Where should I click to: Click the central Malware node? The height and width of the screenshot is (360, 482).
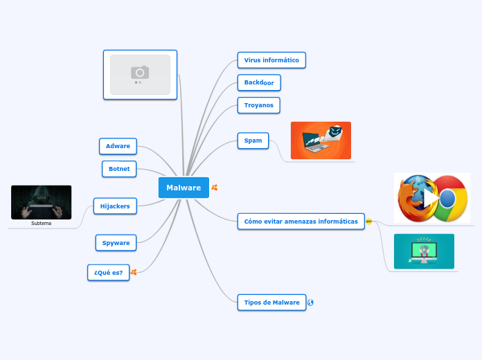click(184, 188)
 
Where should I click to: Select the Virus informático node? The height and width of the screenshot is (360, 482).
click(271, 60)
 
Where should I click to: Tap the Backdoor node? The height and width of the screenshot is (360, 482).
click(259, 82)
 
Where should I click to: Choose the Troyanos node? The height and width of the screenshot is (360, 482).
click(258, 105)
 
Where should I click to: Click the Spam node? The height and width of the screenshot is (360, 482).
click(253, 141)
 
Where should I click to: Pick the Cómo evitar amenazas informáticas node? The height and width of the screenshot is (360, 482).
click(301, 222)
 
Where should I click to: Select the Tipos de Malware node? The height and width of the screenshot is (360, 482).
click(271, 303)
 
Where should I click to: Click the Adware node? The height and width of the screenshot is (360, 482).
click(118, 146)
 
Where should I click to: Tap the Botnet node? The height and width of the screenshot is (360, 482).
click(119, 168)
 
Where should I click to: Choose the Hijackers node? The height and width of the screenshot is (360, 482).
click(115, 206)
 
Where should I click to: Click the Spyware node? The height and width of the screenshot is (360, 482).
click(116, 243)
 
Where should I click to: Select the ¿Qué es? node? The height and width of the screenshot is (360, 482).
click(109, 273)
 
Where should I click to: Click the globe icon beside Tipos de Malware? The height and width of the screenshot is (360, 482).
click(310, 303)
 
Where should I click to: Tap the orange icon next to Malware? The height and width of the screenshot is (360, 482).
click(215, 188)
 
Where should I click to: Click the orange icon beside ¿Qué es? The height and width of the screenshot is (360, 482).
click(134, 273)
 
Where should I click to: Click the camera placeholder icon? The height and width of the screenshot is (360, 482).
click(140, 73)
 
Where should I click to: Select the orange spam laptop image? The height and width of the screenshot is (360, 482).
click(321, 141)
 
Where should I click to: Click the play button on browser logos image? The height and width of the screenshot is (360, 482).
click(432, 199)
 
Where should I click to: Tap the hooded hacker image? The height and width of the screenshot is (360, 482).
click(42, 202)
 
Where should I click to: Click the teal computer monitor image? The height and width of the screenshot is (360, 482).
click(424, 251)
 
